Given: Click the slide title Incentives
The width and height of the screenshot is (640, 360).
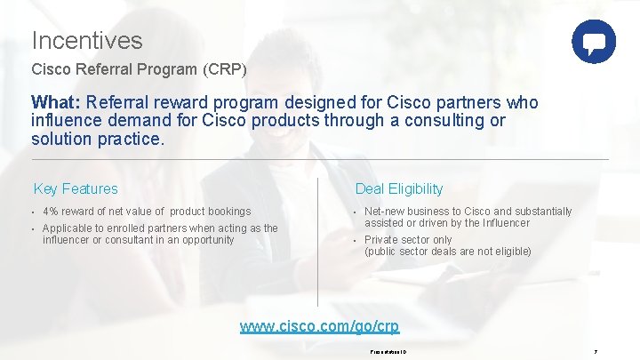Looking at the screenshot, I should (86, 40).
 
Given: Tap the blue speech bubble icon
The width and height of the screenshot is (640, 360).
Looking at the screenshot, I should (593, 42).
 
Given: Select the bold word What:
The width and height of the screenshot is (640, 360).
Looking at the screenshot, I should (57, 102).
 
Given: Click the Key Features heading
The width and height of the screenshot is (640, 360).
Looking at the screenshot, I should (76, 188).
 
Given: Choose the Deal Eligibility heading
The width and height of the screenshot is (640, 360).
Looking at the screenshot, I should (398, 188).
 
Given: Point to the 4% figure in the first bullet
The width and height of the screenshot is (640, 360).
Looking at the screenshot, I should (51, 212).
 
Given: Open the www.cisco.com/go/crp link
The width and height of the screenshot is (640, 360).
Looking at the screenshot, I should (319, 327).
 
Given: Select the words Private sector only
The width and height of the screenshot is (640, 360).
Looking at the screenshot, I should (408, 240).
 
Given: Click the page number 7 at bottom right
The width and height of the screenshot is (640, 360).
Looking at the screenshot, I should (596, 352).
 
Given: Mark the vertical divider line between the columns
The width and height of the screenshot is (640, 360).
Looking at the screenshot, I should (317, 240).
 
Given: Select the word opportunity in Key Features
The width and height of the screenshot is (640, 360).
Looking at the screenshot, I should (206, 240).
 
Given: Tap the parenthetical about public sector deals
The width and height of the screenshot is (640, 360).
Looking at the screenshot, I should (447, 252).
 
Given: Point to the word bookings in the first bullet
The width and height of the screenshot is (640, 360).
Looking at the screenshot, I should (229, 212).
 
